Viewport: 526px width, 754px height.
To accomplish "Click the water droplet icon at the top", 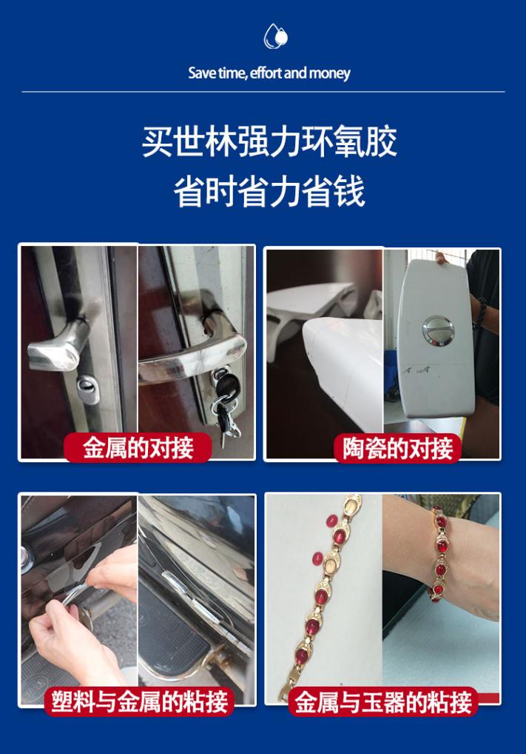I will coord(275,36).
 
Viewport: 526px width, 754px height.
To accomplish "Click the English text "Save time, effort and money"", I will coord(269,73).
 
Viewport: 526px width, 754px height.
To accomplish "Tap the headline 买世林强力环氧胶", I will coord(269,141).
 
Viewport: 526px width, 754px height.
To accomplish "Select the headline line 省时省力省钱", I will coord(269,192).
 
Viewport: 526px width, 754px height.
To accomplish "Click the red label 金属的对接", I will coord(138,448).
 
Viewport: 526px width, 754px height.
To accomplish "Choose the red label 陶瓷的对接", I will coord(397,448).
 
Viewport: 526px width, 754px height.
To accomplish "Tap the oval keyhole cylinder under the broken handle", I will coord(88,388).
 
